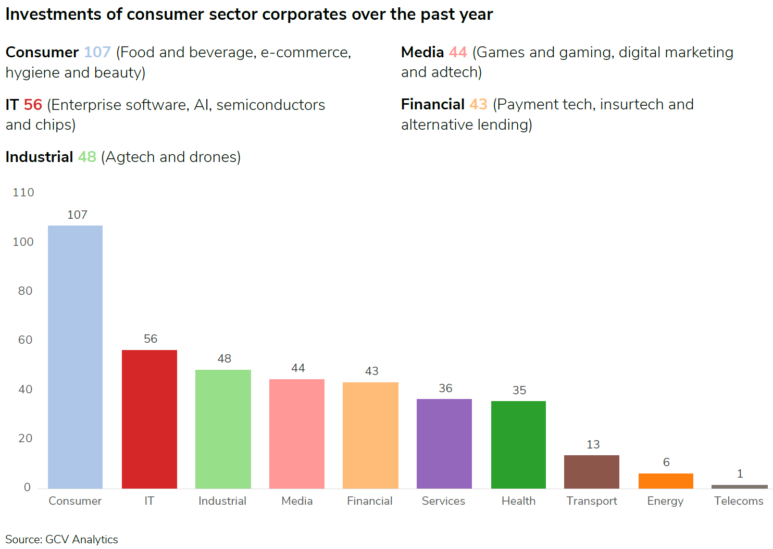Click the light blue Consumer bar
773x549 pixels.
tap(75, 357)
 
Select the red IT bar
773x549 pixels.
tap(149, 419)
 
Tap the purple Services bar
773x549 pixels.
tap(444, 443)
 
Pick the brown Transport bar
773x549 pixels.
tap(592, 471)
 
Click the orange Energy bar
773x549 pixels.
tap(666, 481)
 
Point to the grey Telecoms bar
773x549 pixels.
tap(739, 486)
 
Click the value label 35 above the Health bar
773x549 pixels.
tap(519, 390)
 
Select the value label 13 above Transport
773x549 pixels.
tap(593, 444)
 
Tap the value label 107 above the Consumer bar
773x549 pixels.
tap(77, 215)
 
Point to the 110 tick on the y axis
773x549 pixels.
tap(23, 192)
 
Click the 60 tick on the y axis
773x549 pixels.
tap(26, 340)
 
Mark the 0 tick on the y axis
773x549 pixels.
tap(28, 487)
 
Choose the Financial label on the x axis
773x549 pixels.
tap(370, 501)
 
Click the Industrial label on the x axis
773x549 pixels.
tap(222, 501)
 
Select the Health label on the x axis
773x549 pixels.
tap(518, 501)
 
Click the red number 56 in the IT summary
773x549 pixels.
tap(33, 105)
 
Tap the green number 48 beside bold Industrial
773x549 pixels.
tap(87, 157)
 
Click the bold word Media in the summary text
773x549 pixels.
tap(422, 52)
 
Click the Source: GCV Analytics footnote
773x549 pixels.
tap(61, 539)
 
